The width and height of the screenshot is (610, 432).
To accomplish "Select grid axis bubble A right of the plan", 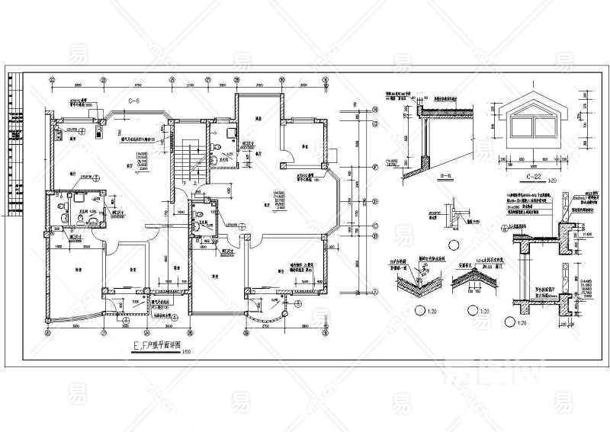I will tap(376, 291).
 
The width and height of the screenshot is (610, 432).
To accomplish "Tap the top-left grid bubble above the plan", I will tap(50, 78).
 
